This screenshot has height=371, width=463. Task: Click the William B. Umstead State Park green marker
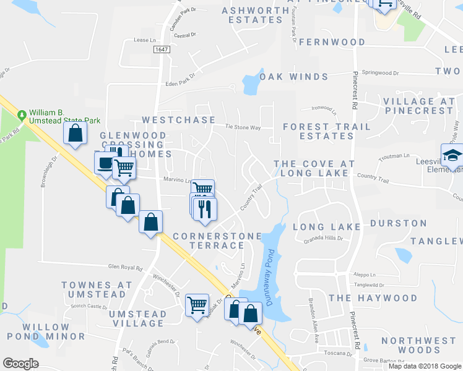click(22, 115)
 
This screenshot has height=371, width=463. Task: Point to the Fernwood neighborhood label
click(332, 42)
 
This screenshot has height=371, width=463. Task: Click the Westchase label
click(178, 120)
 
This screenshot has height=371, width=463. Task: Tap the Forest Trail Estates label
click(327, 131)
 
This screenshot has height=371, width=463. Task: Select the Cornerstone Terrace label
click(209, 241)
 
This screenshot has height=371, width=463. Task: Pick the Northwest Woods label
click(418, 345)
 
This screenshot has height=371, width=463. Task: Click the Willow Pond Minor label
click(46, 331)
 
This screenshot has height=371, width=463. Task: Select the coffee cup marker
click(105, 163)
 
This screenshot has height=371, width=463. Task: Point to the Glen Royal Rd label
click(126, 268)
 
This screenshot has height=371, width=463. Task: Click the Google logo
click(20, 364)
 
